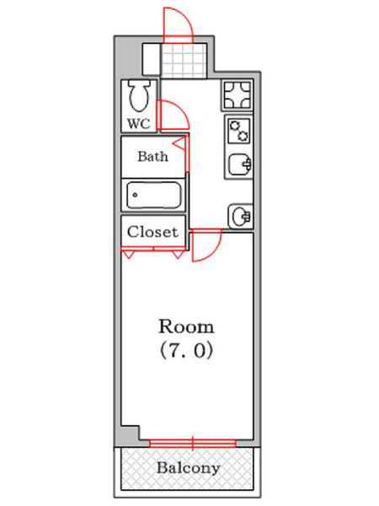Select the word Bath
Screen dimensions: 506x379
[152, 156]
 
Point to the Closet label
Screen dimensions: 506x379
[152, 231]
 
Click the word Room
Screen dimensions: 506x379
[187, 326]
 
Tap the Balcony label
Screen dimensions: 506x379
[188, 467]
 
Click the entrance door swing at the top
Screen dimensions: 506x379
[178, 25]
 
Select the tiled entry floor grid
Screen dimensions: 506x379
[184, 59]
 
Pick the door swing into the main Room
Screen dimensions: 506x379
[206, 246]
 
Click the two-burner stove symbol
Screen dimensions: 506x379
[238, 131]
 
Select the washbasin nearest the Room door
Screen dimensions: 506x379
[240, 216]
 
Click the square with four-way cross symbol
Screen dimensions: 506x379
[238, 94]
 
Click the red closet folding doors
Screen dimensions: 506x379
[153, 250]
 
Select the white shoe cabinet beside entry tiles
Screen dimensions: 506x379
[151, 59]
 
